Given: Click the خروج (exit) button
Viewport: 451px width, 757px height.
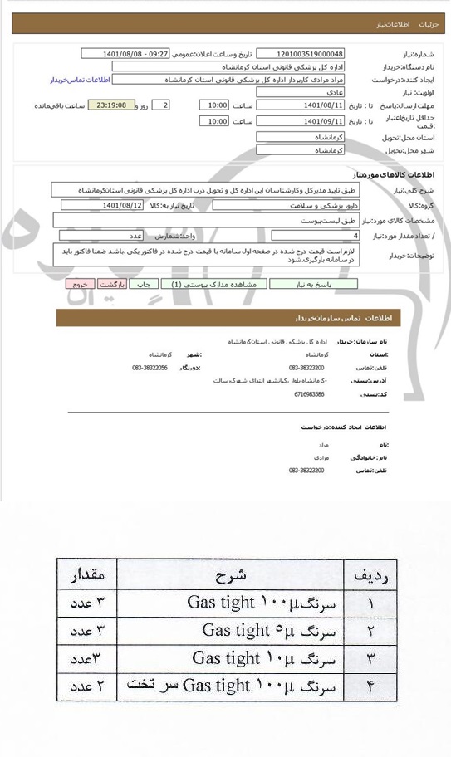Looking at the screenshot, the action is (x=81, y=284).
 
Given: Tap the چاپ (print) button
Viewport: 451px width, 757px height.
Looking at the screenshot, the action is (x=144, y=284).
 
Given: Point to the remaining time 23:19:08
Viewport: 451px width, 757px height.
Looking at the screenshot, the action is (x=110, y=105).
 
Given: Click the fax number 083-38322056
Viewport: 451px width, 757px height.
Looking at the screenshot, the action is (x=150, y=367).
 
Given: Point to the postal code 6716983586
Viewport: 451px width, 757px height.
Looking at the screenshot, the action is (x=309, y=393).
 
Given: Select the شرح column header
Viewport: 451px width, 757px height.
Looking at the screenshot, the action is (x=226, y=575).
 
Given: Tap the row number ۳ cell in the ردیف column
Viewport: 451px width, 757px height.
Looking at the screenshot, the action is (x=370, y=658).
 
